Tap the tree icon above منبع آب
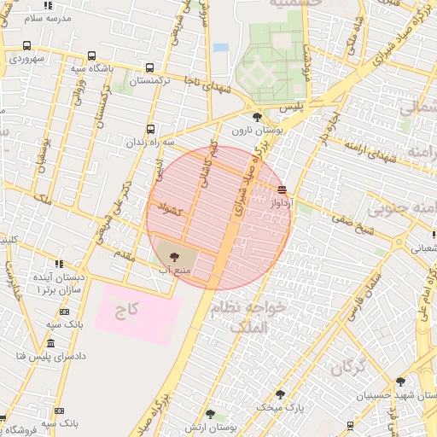(x=173, y=254)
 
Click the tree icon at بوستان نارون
(x=257, y=116)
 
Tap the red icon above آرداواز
(x=282, y=190)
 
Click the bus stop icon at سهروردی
(x=27, y=45)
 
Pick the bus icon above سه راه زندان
(x=150, y=129)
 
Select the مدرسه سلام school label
(x=45, y=17)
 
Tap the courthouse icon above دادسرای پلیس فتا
(x=50, y=343)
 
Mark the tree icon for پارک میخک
(x=280, y=394)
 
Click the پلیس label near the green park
(x=292, y=107)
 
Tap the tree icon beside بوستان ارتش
(x=210, y=414)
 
